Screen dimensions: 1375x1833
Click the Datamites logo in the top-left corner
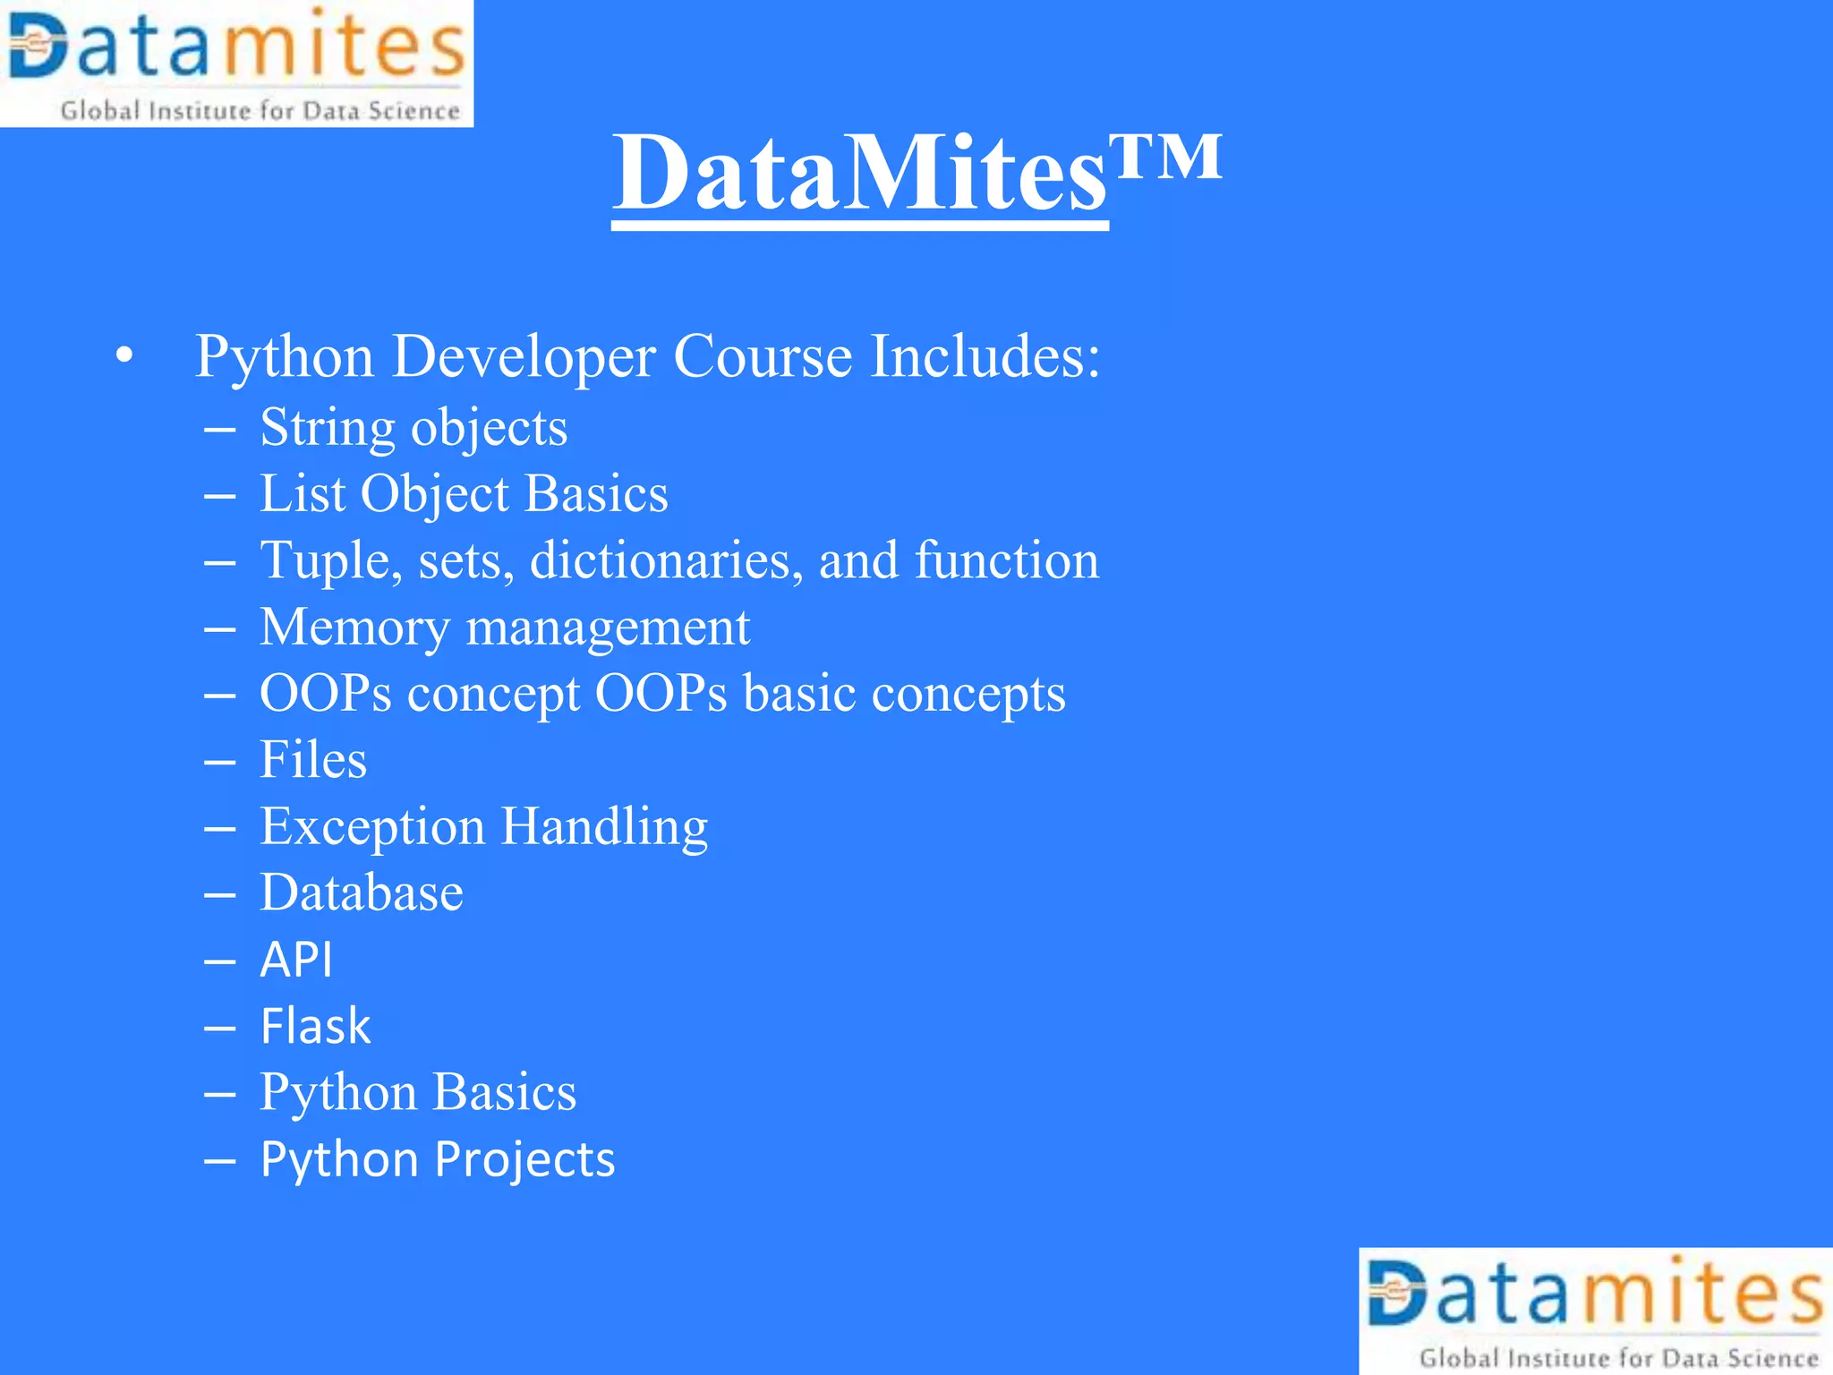tap(236, 63)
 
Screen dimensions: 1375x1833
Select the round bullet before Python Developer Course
tap(124, 356)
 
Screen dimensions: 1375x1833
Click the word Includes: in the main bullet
tap(985, 356)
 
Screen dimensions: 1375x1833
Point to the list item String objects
tap(413, 428)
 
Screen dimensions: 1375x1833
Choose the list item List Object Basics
tap(464, 494)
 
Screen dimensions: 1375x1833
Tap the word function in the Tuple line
tap(1006, 560)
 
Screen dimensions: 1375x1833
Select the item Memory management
tap(505, 627)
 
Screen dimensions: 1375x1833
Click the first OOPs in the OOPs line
tap(326, 693)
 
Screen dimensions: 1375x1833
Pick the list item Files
tap(313, 760)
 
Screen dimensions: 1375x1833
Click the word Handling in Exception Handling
tap(604, 826)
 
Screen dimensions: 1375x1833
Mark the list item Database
tap(362, 892)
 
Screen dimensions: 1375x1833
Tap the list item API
tap(296, 960)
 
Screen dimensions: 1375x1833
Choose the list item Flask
tap(315, 1026)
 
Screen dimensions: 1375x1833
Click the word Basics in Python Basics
tap(505, 1092)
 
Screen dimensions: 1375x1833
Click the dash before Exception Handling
tap(219, 829)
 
